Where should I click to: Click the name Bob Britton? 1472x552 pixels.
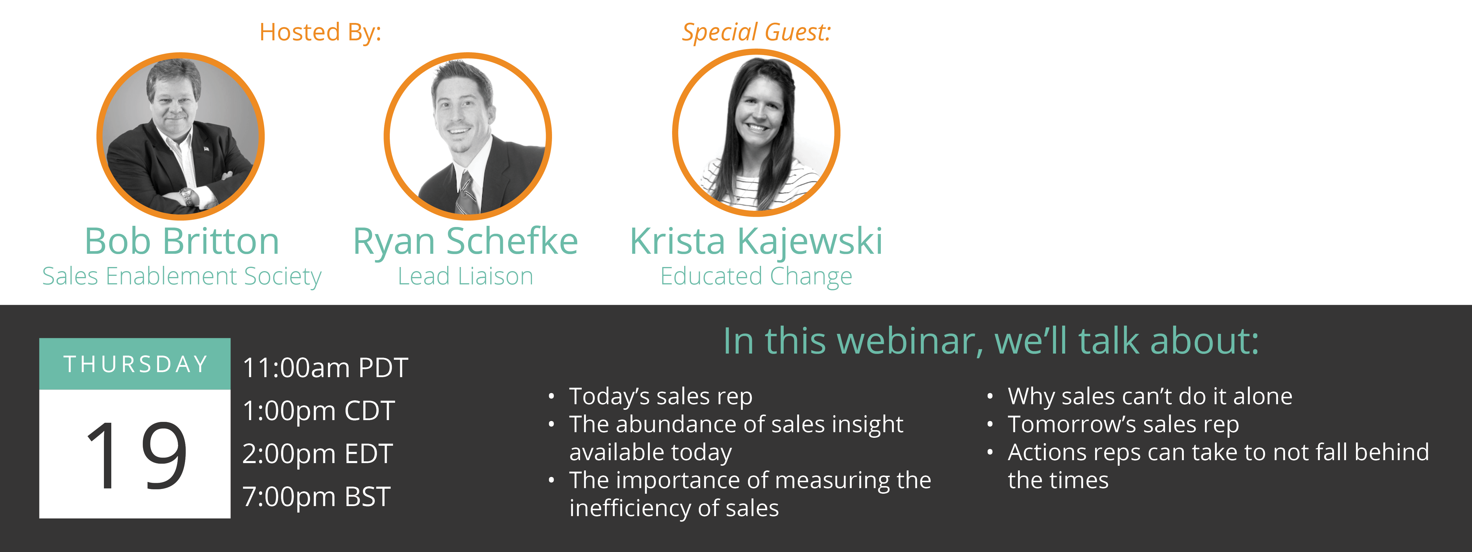coord(182,241)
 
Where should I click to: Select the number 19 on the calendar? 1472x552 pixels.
coord(135,455)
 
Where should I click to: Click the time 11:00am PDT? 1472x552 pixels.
coord(325,367)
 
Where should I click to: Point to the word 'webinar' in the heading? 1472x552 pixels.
coord(909,341)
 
